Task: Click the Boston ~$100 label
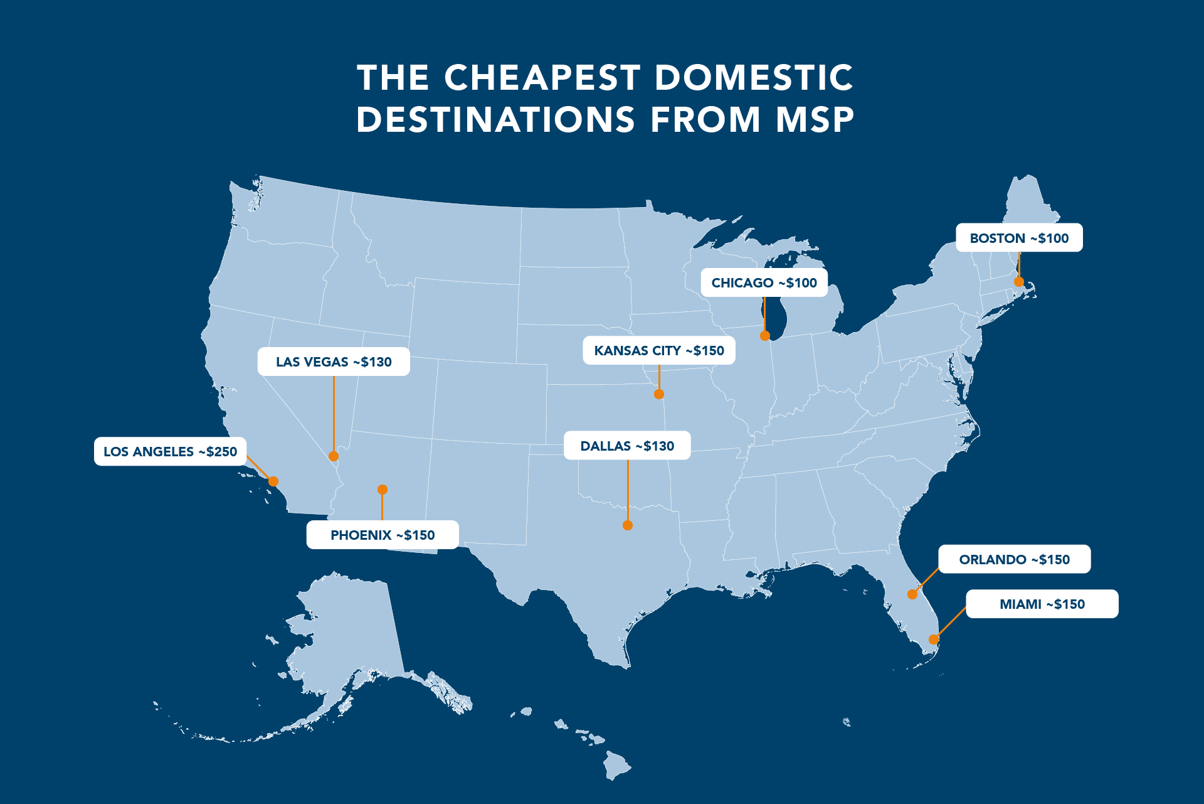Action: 1018,238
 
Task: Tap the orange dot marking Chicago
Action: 764,336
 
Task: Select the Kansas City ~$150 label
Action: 658,350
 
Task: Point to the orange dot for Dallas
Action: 627,525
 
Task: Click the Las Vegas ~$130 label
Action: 333,362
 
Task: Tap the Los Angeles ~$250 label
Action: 170,451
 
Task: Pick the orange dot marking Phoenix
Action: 382,490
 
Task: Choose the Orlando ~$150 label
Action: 1014,559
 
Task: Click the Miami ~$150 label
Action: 1042,604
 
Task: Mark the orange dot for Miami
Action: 933,640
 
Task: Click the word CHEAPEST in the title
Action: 542,78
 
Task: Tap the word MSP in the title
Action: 815,120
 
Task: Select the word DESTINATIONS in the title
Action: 495,120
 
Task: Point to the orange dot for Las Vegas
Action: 334,456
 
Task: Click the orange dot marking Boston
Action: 1018,282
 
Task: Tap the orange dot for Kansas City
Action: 658,394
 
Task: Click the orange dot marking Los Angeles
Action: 273,481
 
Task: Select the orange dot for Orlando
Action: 912,594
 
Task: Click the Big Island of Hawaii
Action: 616,764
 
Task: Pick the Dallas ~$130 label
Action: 627,446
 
